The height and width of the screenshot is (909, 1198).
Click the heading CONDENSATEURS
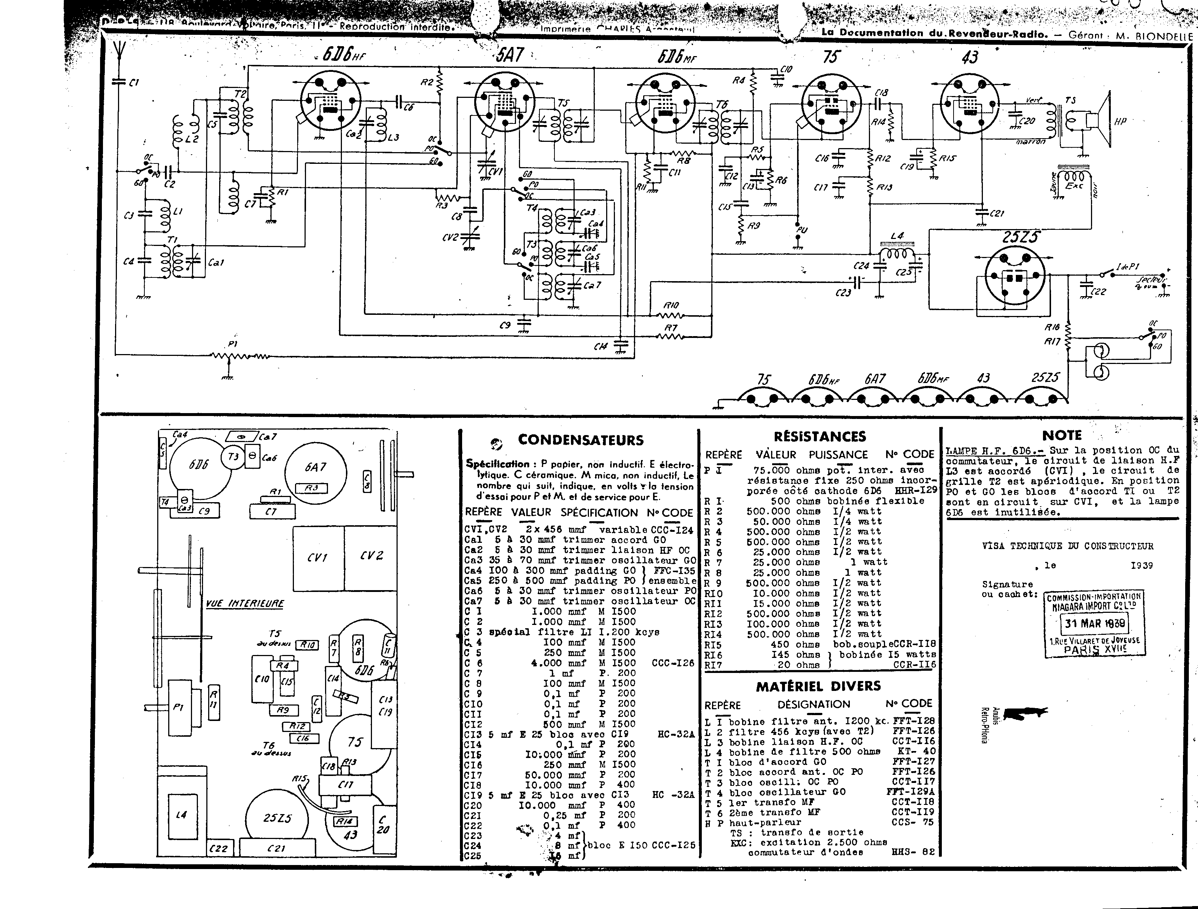coord(580,440)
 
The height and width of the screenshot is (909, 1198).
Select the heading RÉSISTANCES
coord(819,437)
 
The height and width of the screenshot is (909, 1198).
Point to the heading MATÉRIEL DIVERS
coord(818,687)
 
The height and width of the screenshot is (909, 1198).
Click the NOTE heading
coord(1062,435)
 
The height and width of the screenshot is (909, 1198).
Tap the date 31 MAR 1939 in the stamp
coord(1095,623)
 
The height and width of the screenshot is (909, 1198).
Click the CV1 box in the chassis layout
coord(317,557)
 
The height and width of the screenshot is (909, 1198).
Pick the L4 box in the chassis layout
coord(181,815)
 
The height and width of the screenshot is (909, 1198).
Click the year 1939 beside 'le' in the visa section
coord(1142,566)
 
